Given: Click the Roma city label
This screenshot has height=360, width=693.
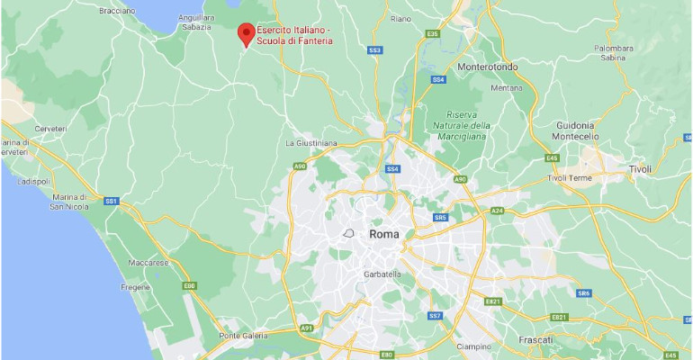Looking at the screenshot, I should coord(383,234).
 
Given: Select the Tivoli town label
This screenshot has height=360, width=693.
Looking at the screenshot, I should coord(640,168).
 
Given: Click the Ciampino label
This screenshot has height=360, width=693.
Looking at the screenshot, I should coord(472,346).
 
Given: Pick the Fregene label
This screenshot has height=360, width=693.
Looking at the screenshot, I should coord(136,287).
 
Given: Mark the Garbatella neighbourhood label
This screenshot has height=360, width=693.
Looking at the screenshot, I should coord(382,274).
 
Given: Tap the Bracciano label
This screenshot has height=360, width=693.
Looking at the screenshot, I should coord(118,10).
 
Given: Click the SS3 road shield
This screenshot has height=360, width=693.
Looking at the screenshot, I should coord(375,49).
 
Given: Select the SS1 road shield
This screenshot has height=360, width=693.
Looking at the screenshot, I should coord(112,200).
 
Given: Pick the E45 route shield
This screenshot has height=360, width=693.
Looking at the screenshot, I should coord(553,158).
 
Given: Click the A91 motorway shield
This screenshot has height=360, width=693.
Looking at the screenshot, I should coord(307,328).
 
